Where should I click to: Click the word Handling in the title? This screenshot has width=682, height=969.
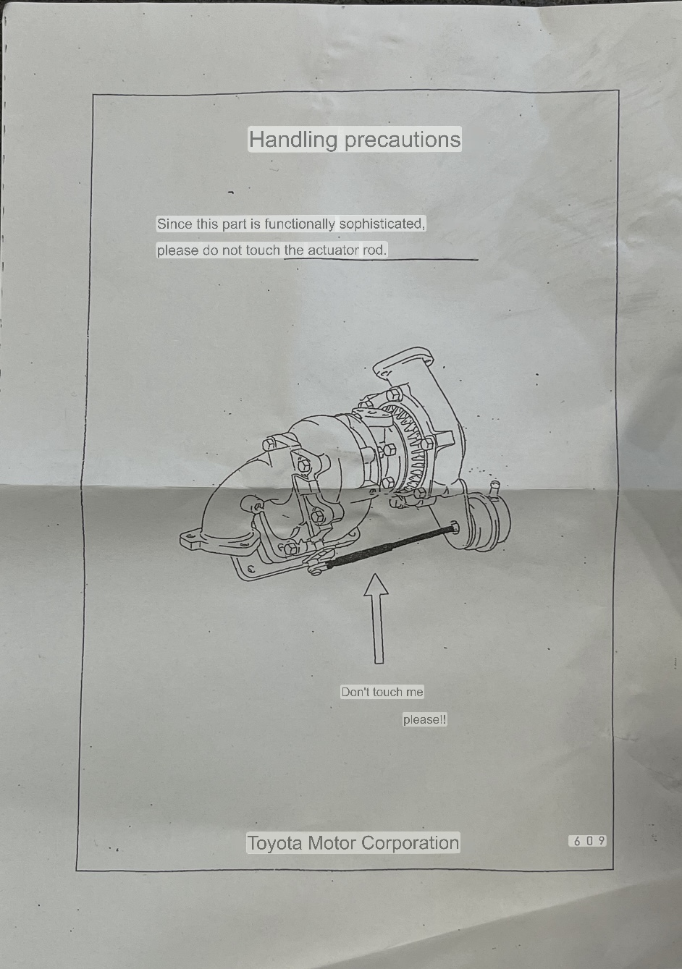(292, 139)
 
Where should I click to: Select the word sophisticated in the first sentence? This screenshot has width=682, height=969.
(382, 224)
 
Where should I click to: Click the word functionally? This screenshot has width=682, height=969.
(300, 224)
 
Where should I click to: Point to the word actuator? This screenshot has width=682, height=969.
(333, 250)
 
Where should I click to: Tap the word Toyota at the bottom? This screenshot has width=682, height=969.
(274, 843)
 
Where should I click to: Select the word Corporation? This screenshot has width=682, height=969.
(410, 842)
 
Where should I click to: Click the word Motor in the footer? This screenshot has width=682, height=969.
(332, 842)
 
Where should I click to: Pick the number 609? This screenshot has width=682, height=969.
(588, 841)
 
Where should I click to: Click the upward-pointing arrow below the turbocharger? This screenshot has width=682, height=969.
(377, 619)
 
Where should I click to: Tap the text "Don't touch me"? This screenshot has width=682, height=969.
(382, 692)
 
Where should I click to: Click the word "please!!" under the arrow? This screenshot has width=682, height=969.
(424, 720)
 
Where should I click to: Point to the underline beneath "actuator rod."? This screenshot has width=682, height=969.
(382, 260)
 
